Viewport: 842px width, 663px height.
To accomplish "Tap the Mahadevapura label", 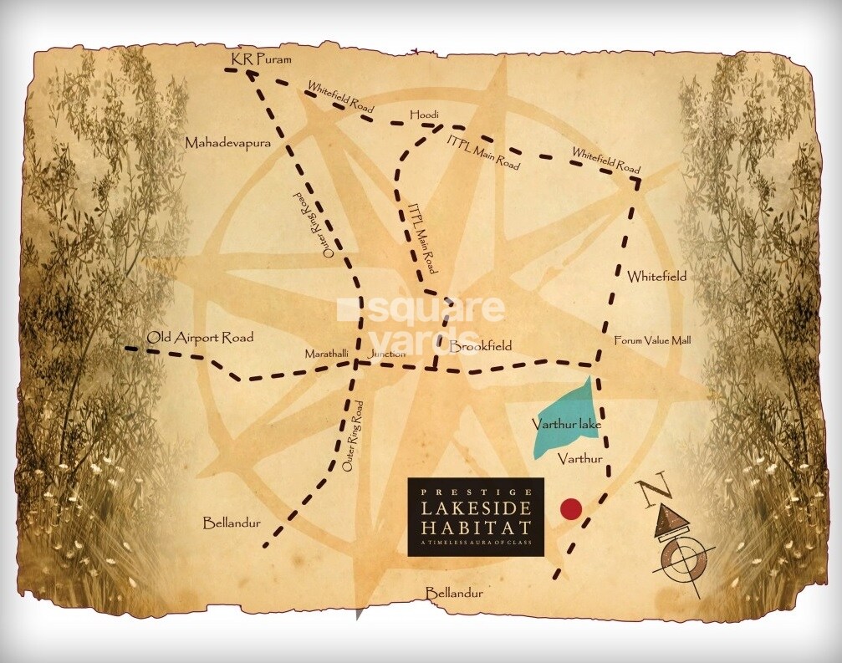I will [x=228, y=144].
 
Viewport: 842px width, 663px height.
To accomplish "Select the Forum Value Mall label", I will [x=652, y=340].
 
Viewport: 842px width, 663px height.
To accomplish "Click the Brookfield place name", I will [x=480, y=345].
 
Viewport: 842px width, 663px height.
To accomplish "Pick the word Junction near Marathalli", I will [x=386, y=354].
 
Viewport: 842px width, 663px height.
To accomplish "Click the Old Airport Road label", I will [x=200, y=338].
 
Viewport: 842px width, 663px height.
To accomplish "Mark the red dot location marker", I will [x=570, y=508].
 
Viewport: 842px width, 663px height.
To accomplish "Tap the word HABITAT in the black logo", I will [x=476, y=528].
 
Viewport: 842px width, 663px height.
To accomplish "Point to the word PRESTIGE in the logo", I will [x=476, y=491].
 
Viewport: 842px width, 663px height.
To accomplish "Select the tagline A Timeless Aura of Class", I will [x=476, y=545].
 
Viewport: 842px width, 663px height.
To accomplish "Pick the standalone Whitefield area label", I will [x=656, y=276].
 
